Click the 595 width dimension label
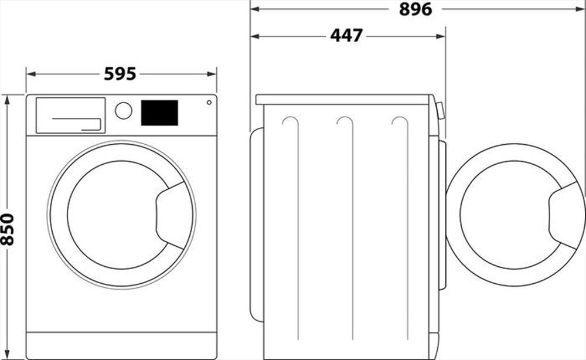[x=120, y=74]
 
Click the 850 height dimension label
[x=8, y=230]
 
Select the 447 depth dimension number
[x=346, y=36]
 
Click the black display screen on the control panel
[x=159, y=113]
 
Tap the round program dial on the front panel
[x=124, y=111]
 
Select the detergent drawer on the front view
[x=70, y=115]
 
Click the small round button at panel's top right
[x=209, y=103]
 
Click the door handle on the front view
[x=173, y=215]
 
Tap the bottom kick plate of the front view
[x=121, y=345]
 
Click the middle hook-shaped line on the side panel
[x=345, y=122]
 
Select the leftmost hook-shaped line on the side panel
[x=290, y=122]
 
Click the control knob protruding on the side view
[x=440, y=110]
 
